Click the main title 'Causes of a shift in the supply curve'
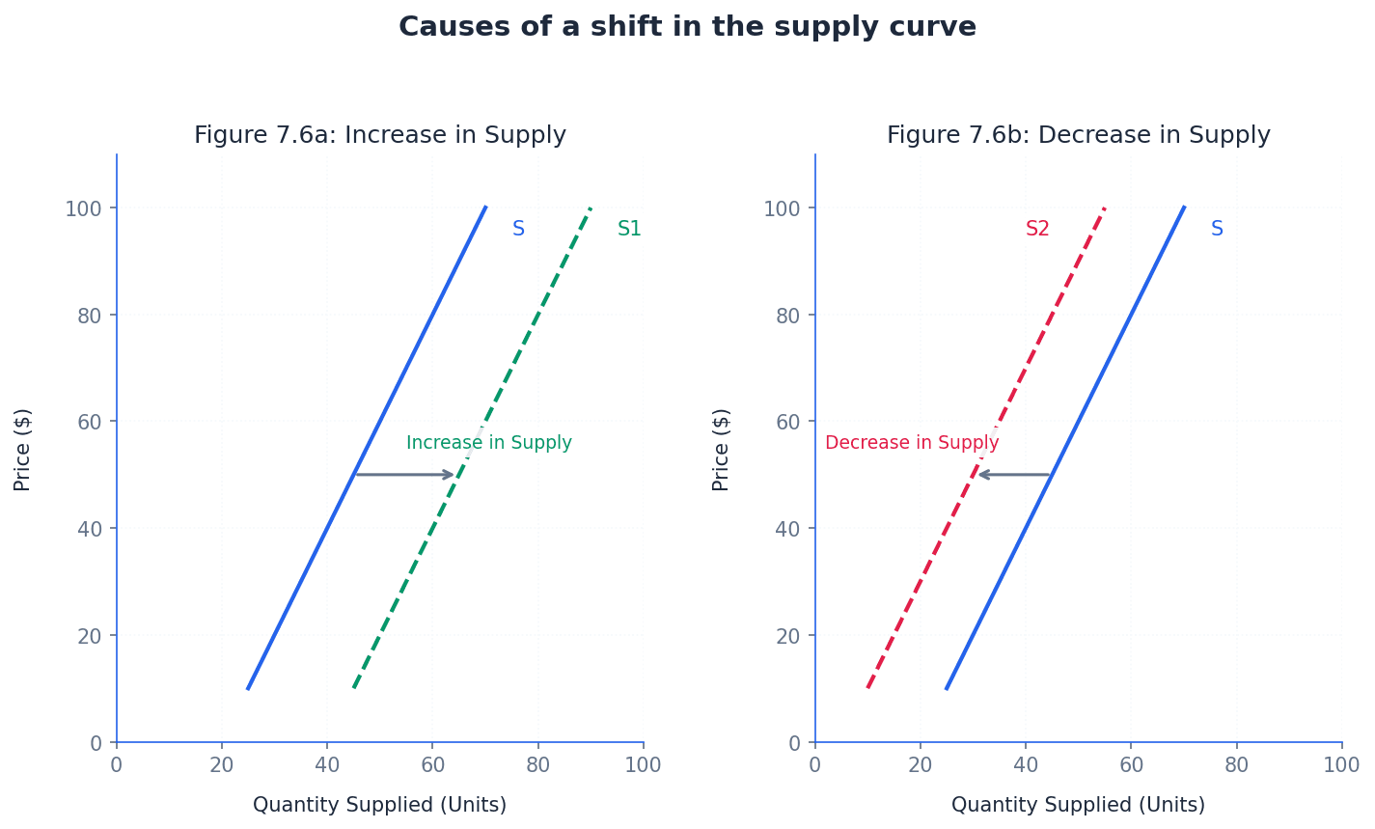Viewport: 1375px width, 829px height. tap(687, 27)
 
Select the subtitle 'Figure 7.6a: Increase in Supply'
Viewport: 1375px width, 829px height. tap(380, 135)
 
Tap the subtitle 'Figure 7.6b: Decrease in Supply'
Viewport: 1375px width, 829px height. tap(1078, 135)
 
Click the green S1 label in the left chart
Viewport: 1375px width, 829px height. tap(629, 230)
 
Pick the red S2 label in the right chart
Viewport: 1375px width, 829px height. tap(1037, 230)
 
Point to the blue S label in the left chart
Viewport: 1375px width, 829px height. tap(518, 230)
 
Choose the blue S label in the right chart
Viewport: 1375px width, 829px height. tap(1217, 230)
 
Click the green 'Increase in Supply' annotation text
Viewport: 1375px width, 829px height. tap(488, 443)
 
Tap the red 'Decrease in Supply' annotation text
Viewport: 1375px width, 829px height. tap(912, 443)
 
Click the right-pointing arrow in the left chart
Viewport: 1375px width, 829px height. tap(404, 475)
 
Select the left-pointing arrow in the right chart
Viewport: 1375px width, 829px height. tap(1014, 475)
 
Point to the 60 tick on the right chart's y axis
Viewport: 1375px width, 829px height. tap(788, 422)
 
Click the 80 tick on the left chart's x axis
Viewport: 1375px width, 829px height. tap(537, 765)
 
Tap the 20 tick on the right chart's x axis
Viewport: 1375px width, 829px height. tap(921, 765)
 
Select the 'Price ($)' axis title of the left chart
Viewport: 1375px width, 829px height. tap(23, 449)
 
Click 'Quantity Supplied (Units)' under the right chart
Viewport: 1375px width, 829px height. tap(1078, 805)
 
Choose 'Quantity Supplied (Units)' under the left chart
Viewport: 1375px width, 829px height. tap(379, 805)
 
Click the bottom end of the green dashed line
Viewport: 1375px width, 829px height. tap(354, 687)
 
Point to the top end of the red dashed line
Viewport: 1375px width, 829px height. tap(1104, 208)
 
